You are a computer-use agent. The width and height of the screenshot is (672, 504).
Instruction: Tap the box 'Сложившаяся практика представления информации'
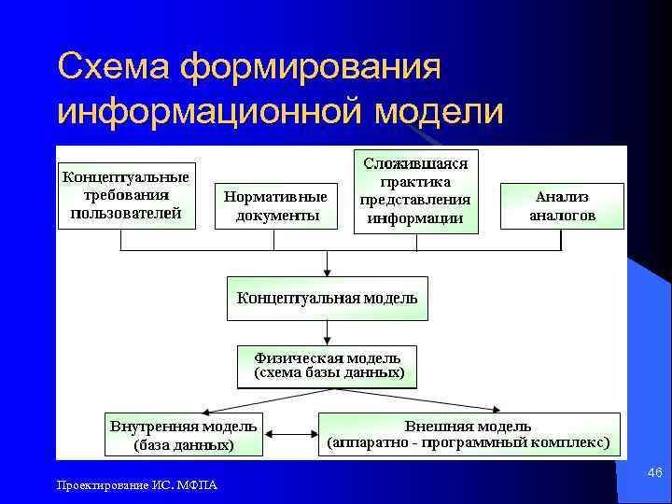point(415,191)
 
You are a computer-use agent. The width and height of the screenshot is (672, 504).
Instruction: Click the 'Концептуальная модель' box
point(327,299)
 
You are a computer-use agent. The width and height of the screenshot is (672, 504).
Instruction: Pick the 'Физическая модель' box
point(327,366)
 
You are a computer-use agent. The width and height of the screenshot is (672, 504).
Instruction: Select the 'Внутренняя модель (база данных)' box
point(183,436)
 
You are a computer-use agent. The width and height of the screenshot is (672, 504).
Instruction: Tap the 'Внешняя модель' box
point(469,434)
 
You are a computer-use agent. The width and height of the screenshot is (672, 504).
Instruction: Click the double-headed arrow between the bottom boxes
point(290,435)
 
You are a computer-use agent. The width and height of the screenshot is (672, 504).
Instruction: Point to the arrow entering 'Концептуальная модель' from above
point(326,264)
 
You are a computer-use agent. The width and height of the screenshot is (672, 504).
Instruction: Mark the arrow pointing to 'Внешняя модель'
point(439,400)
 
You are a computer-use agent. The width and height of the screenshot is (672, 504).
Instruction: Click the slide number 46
point(654,474)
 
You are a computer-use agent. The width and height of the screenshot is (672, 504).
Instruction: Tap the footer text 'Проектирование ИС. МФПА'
point(136,484)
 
